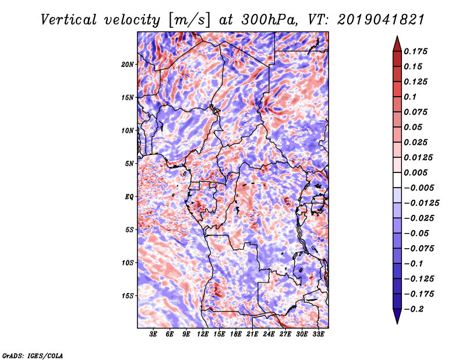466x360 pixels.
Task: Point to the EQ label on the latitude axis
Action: [x=129, y=197]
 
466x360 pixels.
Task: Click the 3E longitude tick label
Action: [x=153, y=335]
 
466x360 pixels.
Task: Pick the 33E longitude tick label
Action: [x=319, y=335]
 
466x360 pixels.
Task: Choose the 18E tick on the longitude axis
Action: [x=236, y=335]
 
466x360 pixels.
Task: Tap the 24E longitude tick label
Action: [x=269, y=335]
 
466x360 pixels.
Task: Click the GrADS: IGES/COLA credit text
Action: [x=33, y=355]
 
